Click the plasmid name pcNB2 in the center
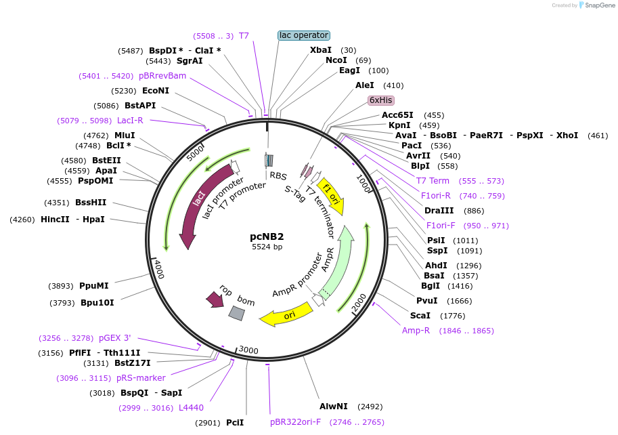click(267, 236)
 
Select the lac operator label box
click(303, 35)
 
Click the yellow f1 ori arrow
click(331, 196)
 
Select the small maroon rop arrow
click(215, 299)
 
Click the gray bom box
click(236, 312)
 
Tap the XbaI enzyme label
click(321, 50)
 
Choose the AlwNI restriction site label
click(334, 407)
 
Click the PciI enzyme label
click(235, 423)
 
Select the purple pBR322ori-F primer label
click(296, 422)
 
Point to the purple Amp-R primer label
click(416, 331)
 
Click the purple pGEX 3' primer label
click(115, 337)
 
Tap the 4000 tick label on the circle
click(157, 268)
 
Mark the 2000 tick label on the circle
click(359, 303)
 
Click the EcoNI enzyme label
click(156, 90)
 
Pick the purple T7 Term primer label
click(433, 181)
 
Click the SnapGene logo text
click(598, 5)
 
